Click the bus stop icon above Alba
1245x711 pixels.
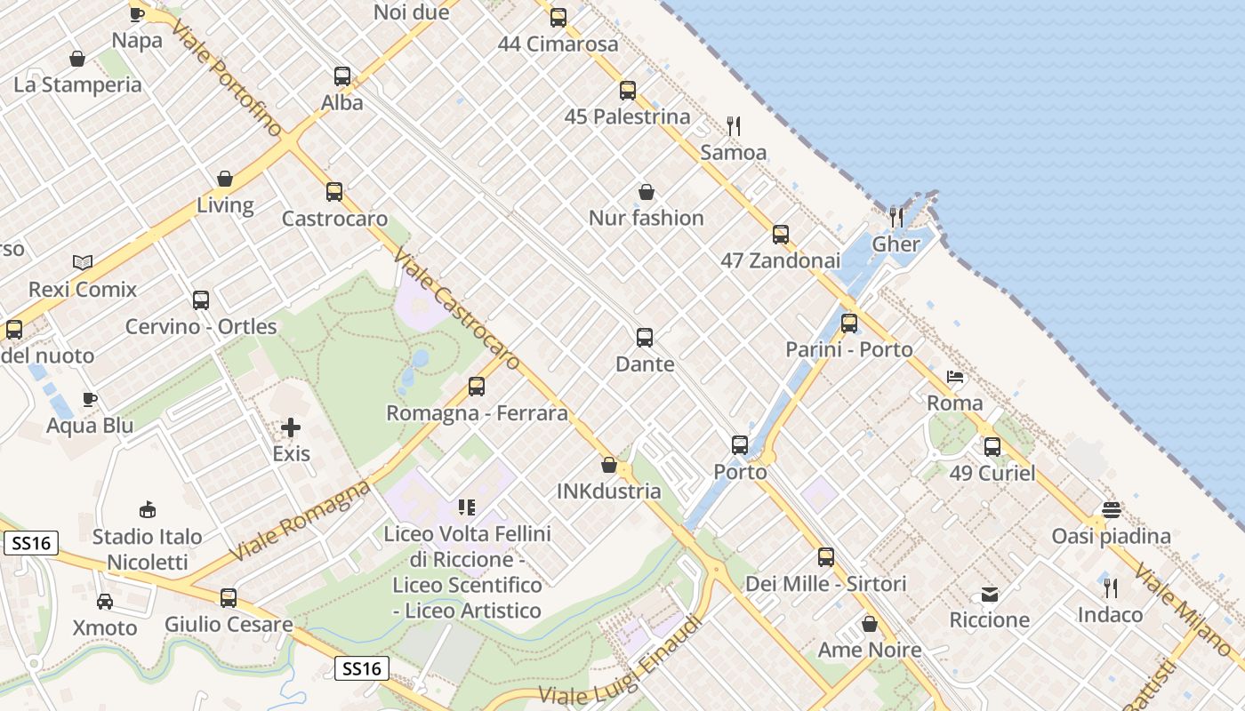[x=342, y=76]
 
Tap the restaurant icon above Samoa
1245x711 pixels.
[x=734, y=126]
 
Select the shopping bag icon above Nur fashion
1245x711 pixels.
[x=647, y=192]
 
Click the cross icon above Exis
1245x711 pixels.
[x=291, y=427]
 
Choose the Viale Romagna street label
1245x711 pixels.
[x=301, y=521]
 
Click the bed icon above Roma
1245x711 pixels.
[x=955, y=377]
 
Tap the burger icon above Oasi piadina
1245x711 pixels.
[x=1111, y=510]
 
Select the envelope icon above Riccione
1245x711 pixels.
[x=989, y=594]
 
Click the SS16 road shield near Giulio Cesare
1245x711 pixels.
[x=362, y=668]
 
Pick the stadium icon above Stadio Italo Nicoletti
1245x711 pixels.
[x=148, y=510]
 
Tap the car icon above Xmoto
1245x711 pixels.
[x=105, y=602]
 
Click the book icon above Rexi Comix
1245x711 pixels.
[x=83, y=263]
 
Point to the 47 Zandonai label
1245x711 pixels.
[x=780, y=260]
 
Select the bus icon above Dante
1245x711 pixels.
[x=645, y=338]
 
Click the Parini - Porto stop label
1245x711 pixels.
[x=848, y=349]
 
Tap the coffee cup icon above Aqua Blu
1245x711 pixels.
[x=89, y=399]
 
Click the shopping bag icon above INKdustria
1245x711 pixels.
[x=609, y=465]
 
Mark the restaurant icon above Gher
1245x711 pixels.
[x=896, y=217]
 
